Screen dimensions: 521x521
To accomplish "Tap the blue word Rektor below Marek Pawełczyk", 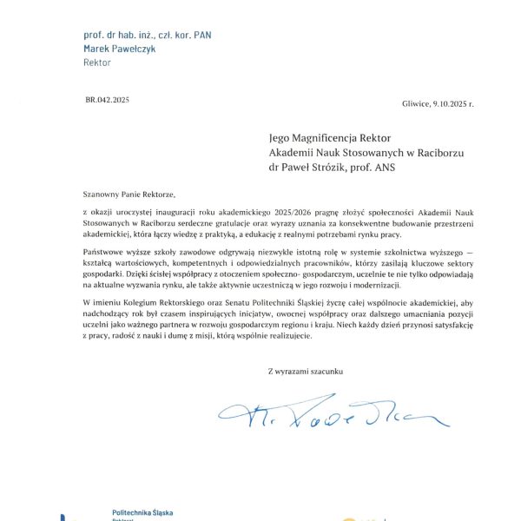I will coord(96,63).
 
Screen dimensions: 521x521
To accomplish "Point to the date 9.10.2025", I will coord(450,104).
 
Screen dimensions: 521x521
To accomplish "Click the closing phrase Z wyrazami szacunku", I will coord(306,372).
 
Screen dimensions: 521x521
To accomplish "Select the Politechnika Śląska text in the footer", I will coord(142,512).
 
